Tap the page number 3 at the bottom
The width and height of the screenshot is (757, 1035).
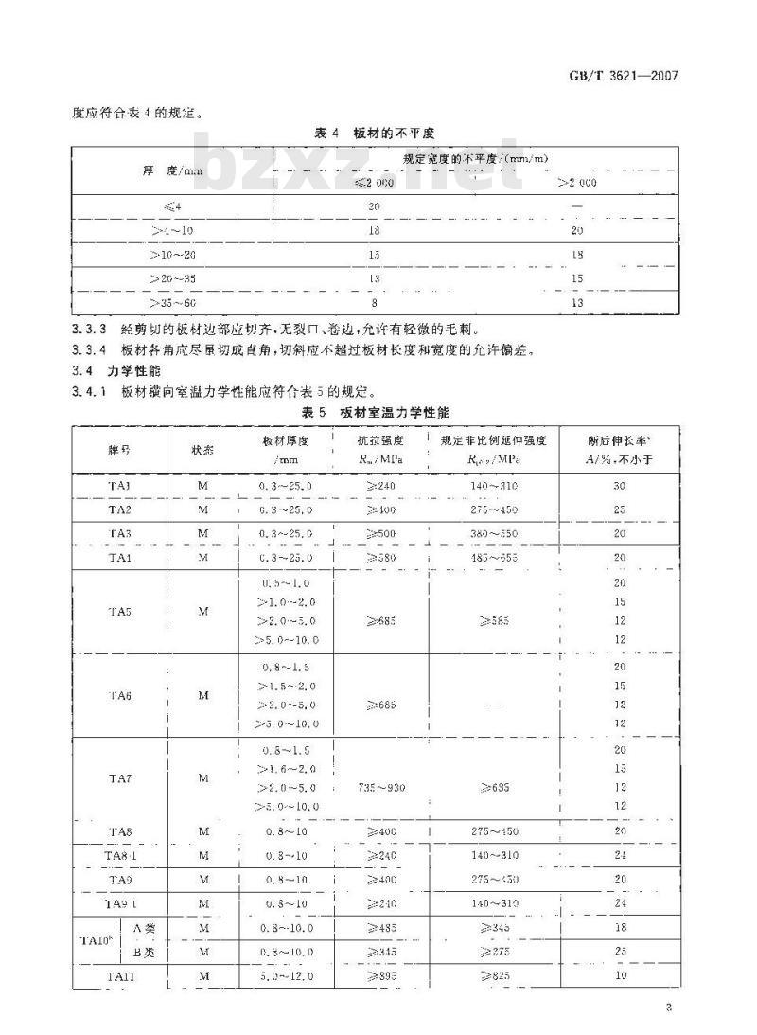click(x=668, y=1007)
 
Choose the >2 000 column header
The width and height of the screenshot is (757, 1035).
click(x=577, y=181)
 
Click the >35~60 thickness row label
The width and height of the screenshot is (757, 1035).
click(x=172, y=302)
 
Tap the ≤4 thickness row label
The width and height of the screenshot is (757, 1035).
click(x=172, y=206)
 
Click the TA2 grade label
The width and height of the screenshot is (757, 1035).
click(x=119, y=509)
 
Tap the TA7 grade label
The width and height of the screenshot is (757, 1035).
click(x=119, y=778)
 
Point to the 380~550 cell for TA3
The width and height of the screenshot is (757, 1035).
click(x=493, y=534)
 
